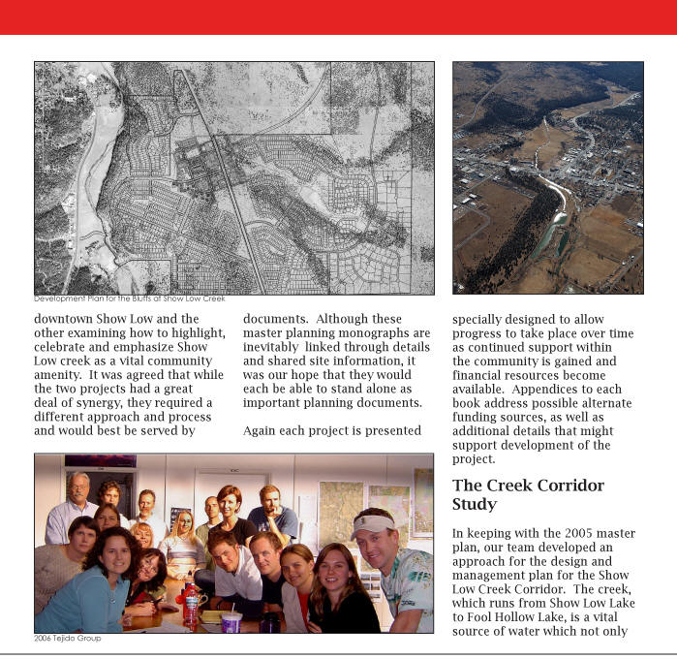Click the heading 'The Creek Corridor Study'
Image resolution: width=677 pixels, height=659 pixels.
pos(528,494)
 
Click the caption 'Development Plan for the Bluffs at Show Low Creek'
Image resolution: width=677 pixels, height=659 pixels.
pos(130,298)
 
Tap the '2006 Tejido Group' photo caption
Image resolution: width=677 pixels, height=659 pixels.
pos(67,639)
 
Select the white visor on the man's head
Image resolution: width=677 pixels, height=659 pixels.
pos(373,522)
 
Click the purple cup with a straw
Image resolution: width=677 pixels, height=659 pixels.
pos(231,619)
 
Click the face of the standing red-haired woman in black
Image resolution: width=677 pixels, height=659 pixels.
pos(230,503)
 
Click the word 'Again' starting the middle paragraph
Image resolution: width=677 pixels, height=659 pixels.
pos(262,430)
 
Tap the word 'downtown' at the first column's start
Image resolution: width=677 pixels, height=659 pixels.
pos(65,319)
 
